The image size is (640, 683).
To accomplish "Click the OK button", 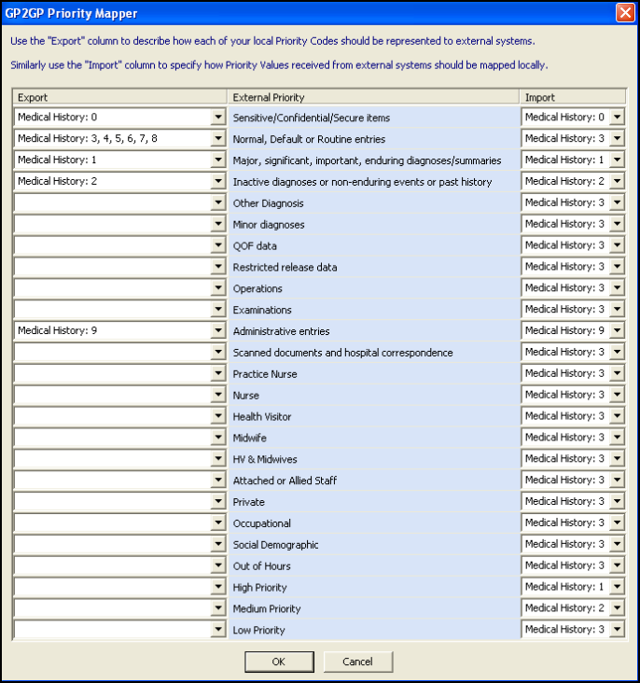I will point(279,662).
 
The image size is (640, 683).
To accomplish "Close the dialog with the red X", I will point(624,13).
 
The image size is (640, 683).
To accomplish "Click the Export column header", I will point(119,97).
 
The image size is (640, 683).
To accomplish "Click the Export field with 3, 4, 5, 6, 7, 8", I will point(112,139).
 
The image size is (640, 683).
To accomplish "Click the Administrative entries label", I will point(281,331).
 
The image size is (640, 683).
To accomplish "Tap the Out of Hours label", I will point(261,566).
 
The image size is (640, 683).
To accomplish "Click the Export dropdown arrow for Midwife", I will point(218,439).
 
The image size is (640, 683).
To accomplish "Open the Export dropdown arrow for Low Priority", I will point(218,631).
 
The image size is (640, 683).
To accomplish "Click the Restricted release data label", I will point(285,268).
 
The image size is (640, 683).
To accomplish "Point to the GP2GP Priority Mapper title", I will point(72,13).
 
